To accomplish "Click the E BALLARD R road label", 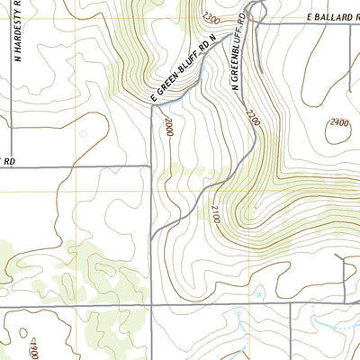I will coord(319,17).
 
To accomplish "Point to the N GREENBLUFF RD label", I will coord(240,54).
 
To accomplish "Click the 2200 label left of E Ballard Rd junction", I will coord(211,18).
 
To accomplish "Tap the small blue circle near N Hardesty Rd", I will coord(83,134).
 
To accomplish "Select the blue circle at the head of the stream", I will coord(258,293).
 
